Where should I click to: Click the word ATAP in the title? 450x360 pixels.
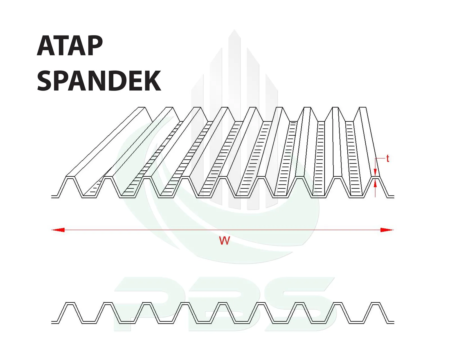coord(70,46)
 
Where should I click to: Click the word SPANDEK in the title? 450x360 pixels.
coord(99,81)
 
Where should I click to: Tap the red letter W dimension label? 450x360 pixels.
coord(224,241)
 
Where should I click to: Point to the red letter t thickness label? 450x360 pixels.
coord(388,159)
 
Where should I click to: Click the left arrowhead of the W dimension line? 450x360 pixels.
coord(58,230)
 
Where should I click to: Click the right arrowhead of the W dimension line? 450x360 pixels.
coord(387,230)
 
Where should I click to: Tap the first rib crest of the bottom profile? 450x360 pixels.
coord(70,303)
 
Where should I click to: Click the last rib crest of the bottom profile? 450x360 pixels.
coord(375,303)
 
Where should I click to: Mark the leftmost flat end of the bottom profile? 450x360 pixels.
coord(55,322)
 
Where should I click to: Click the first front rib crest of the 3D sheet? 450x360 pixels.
coord(70,177)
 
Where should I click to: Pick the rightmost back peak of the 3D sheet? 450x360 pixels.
coord(363,108)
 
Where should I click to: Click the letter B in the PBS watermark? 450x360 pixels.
coord(222,304)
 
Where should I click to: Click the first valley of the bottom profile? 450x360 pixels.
coord(89,322)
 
